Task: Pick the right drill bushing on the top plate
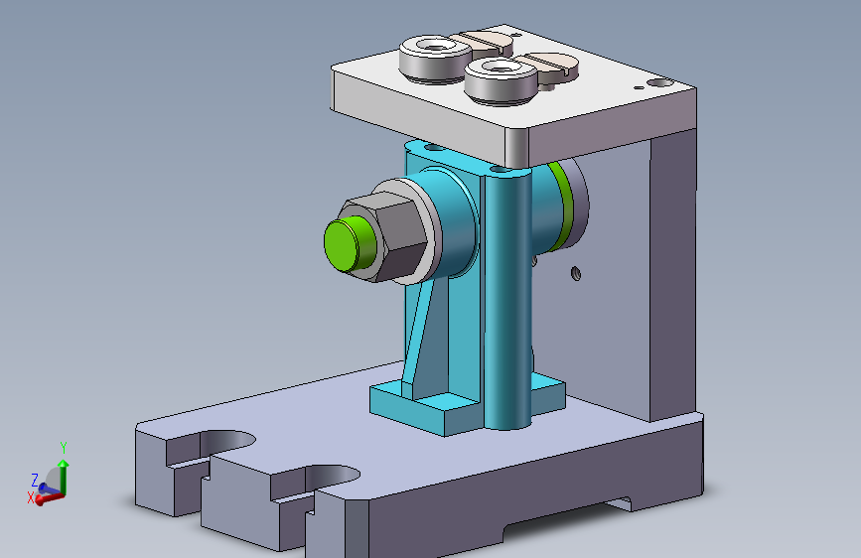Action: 501,80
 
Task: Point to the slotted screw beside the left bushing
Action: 485,42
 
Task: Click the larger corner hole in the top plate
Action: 660,83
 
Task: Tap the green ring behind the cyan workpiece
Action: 562,206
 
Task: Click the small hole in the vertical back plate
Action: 575,273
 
